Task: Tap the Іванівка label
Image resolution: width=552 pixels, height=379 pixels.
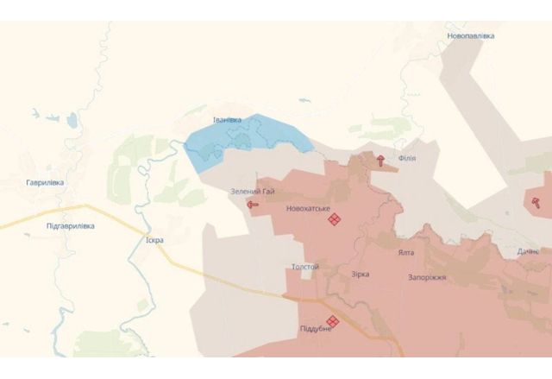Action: (227, 119)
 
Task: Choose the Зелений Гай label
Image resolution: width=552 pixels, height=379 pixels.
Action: (252, 191)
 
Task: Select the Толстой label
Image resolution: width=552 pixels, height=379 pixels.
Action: (305, 267)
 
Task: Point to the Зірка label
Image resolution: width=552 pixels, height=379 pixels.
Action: (360, 274)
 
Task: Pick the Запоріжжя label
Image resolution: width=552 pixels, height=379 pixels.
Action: (427, 278)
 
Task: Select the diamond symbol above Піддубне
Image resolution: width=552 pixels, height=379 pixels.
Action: (332, 321)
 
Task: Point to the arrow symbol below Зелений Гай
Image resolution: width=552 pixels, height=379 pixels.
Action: (253, 205)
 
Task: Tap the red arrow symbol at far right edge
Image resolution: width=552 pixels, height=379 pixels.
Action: (536, 202)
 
